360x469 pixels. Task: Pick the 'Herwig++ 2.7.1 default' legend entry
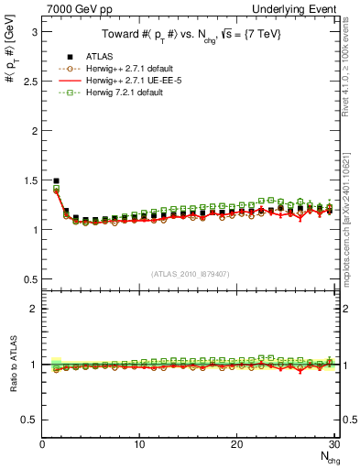(x=125, y=69)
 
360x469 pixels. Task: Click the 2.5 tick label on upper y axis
(x=28, y=81)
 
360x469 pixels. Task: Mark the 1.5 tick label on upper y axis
(x=28, y=180)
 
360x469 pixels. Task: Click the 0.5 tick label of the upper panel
(x=28, y=278)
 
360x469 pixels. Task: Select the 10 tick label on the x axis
(x=139, y=445)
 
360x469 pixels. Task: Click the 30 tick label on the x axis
(x=333, y=445)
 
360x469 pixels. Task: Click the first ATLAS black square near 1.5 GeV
(x=56, y=180)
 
